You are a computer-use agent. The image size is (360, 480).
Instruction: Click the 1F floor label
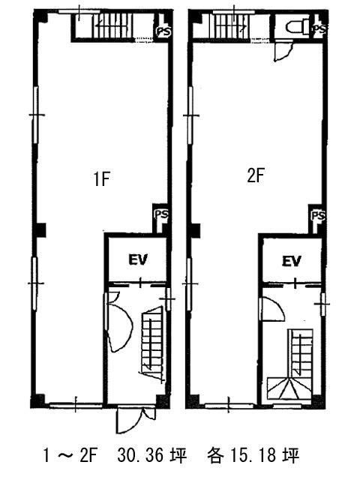(102, 178)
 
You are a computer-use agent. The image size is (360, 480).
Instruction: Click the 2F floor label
(256, 175)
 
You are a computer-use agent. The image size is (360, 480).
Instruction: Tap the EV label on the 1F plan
(138, 259)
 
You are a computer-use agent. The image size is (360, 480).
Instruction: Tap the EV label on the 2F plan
(292, 261)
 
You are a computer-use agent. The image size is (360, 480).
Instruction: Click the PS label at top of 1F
(163, 31)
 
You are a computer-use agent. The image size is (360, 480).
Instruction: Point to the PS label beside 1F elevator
(161, 214)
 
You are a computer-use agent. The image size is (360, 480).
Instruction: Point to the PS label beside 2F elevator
(318, 215)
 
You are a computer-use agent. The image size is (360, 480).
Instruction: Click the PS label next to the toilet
(319, 29)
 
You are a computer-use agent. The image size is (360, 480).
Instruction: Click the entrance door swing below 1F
(135, 420)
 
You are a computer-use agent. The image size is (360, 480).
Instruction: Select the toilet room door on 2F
(284, 52)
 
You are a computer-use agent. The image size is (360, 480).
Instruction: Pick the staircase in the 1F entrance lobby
(151, 343)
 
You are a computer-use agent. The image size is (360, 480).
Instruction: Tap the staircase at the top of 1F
(112, 25)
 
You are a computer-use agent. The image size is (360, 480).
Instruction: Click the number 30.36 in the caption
(140, 455)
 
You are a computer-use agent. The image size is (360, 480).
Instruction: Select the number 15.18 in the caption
(253, 455)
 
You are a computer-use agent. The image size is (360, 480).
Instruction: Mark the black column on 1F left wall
(40, 230)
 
